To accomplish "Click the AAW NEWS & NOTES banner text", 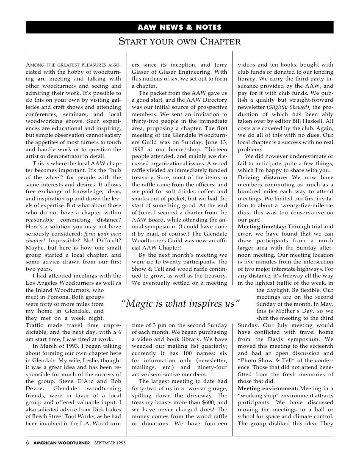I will pos(180,28).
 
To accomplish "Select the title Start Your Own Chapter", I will pos(180,42).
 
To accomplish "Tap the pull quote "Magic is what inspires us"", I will pos(180,303).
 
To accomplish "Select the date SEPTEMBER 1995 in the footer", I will pos(110,443).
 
